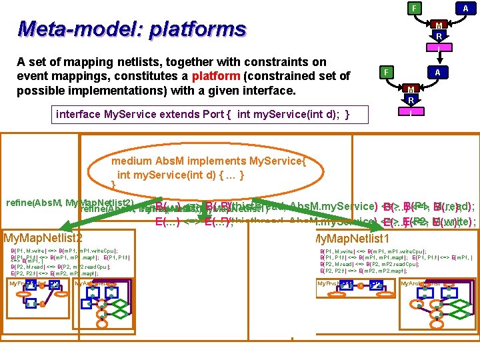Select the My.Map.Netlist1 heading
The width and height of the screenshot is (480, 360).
(x=351, y=238)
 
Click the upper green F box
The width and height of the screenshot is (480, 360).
(x=415, y=8)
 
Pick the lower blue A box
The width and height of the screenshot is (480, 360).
(x=437, y=71)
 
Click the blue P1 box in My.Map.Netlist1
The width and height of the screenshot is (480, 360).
(x=346, y=285)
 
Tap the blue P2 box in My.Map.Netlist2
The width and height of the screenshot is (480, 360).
(x=55, y=285)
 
